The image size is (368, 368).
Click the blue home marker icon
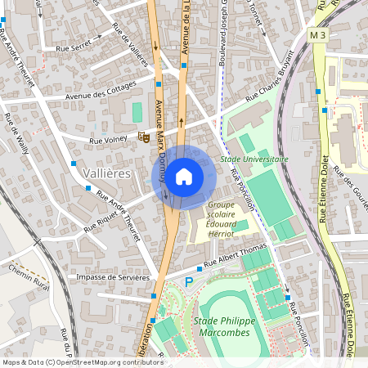[x=184, y=176]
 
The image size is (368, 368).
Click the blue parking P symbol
[x=190, y=282]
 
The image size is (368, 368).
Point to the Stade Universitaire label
[x=254, y=159]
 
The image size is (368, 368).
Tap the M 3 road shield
[x=319, y=36]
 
